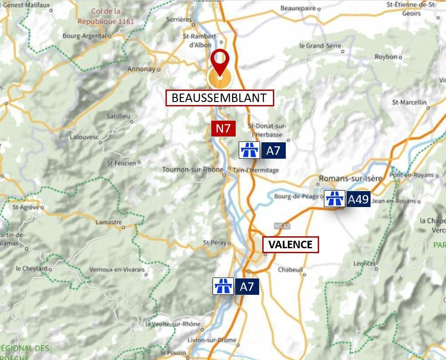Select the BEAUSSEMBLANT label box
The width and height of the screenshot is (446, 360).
coord(220,98)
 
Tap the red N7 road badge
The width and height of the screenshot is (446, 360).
coord(223,129)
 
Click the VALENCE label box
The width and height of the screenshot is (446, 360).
coord(291,244)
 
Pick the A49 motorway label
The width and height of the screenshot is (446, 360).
coord(358,199)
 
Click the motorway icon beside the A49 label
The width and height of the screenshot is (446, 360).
coord(334,199)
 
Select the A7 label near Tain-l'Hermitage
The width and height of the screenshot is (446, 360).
coord(273,151)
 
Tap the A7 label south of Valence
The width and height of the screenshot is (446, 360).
coord(247,287)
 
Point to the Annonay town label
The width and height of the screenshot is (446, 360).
coord(142,69)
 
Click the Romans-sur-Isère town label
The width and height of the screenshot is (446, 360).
coord(351,179)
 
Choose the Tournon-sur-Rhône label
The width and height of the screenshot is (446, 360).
coord(192,170)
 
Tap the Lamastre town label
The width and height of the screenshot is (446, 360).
coord(108,222)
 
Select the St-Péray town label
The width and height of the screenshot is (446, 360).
coord(215,243)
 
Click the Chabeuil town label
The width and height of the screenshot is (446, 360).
coord(290,269)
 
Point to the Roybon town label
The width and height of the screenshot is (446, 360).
coord(386,57)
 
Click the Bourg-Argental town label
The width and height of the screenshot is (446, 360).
coord(85,36)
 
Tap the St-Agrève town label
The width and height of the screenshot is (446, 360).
coord(25,207)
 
